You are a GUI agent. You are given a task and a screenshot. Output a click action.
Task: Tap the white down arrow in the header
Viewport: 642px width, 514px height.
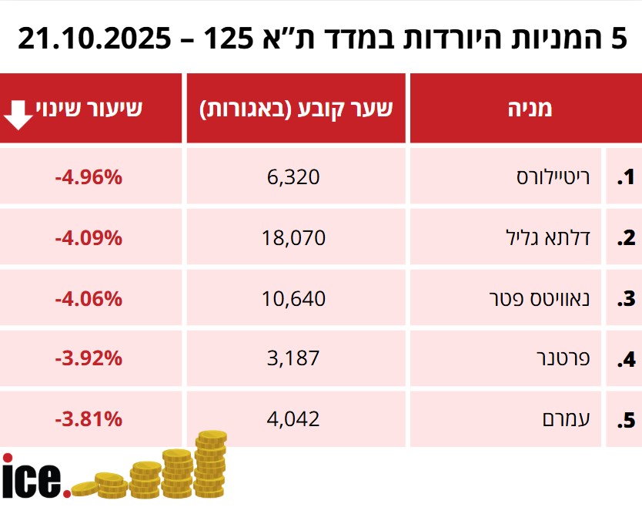pos(19,115)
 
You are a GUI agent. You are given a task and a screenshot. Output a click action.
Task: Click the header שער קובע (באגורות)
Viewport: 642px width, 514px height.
pos(296,108)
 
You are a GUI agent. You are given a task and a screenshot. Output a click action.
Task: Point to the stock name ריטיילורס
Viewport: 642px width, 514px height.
pos(553,177)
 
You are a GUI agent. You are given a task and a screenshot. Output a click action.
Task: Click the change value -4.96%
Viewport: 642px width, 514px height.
pos(89,177)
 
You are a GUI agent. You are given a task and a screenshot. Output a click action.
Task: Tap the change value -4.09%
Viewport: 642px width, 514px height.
pos(89,237)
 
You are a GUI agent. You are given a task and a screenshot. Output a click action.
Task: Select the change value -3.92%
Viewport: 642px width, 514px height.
pos(89,358)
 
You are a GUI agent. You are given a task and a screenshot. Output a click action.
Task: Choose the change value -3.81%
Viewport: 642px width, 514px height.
pos(89,418)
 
